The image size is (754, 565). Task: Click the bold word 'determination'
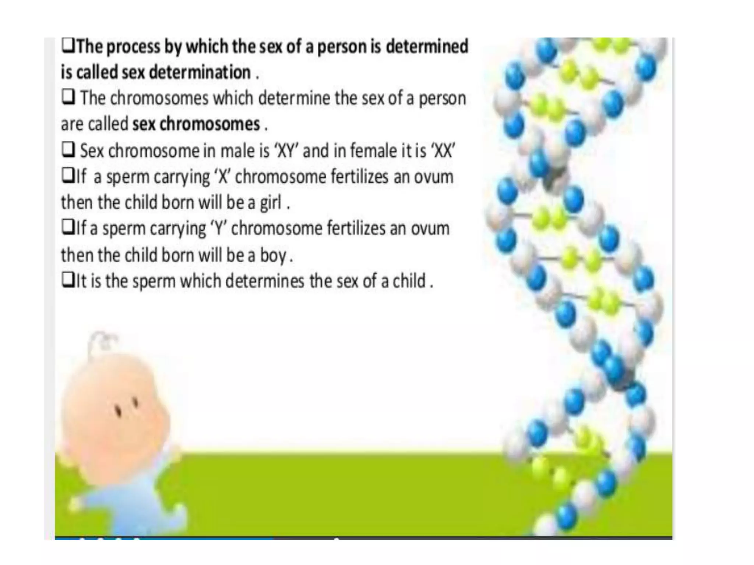200,72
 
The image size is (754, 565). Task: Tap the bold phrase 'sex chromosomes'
196,124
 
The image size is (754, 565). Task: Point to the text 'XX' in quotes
444,151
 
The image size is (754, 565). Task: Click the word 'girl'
271,203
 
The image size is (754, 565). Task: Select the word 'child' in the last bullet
409,281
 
